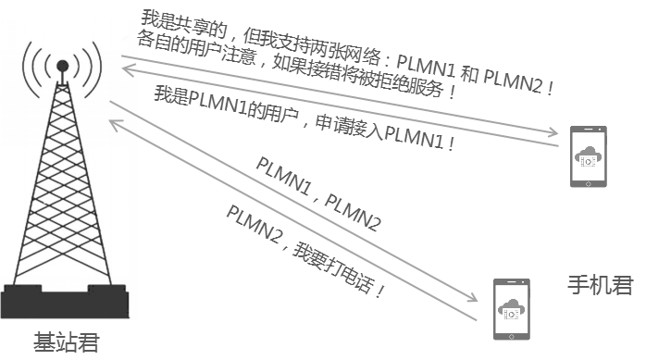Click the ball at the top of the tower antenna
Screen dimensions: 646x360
pyautogui.click(x=62, y=66)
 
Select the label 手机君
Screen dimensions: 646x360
pyautogui.click(x=599, y=285)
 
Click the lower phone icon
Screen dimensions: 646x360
pyautogui.click(x=509, y=304)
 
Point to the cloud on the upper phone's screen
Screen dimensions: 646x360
pyautogui.click(x=589, y=153)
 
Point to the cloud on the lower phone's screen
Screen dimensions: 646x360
pyautogui.click(x=510, y=302)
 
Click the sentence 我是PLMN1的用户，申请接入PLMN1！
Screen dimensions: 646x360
pyautogui.click(x=305, y=119)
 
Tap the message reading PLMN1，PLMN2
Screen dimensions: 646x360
pyautogui.click(x=318, y=195)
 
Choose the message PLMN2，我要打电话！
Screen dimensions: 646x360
pyautogui.click(x=305, y=250)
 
